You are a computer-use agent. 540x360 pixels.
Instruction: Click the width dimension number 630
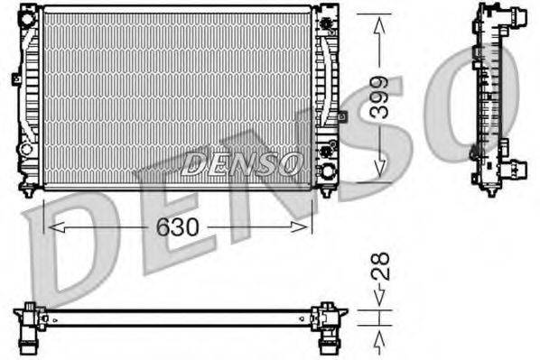(x=177, y=226)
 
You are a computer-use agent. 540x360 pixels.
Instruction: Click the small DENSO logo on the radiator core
(x=242, y=163)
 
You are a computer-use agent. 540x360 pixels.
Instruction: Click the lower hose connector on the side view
(x=517, y=170)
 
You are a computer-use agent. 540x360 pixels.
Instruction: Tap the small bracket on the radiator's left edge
(x=16, y=78)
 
